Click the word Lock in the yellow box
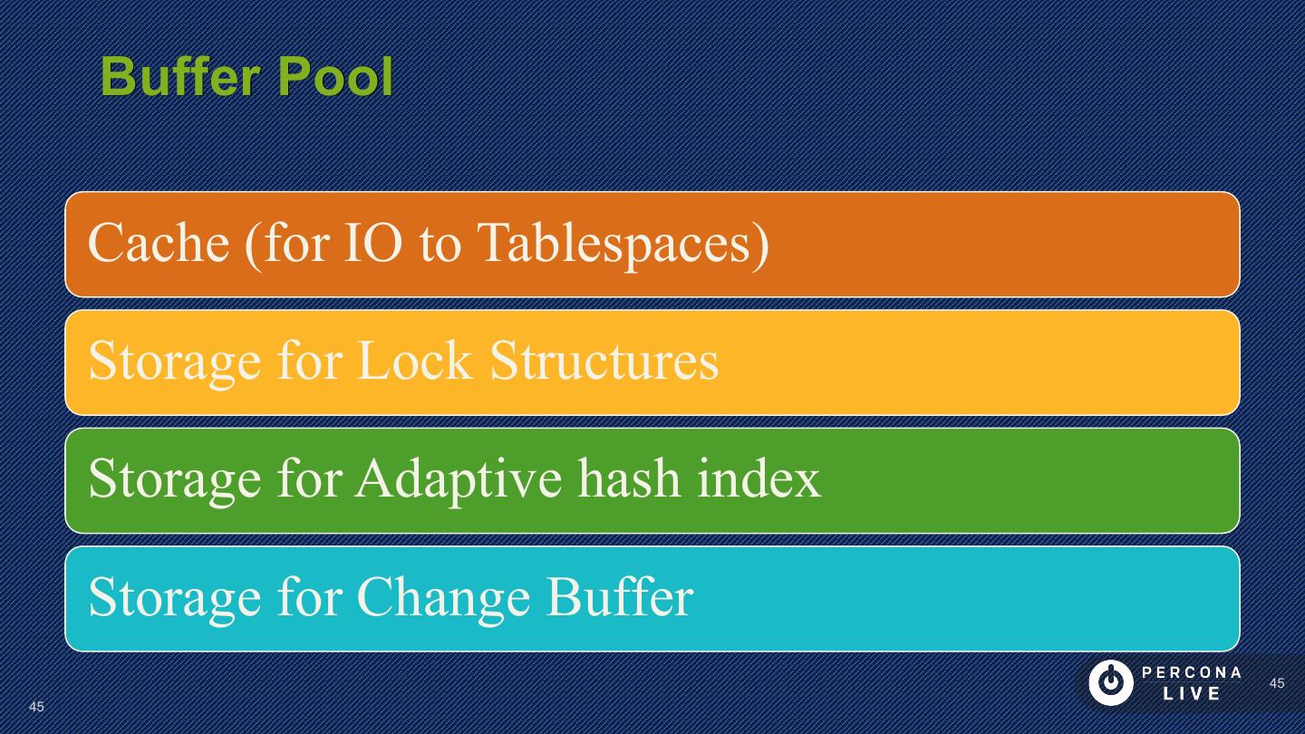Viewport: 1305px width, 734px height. click(x=415, y=361)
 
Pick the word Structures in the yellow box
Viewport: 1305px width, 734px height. click(x=604, y=361)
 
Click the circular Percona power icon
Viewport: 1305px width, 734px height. click(x=1110, y=682)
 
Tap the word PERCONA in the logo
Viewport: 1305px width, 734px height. click(x=1192, y=672)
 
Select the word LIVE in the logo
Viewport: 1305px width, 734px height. click(x=1192, y=694)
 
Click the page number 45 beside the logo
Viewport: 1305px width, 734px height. click(x=1277, y=683)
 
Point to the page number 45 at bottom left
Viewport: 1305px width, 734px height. click(x=36, y=706)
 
